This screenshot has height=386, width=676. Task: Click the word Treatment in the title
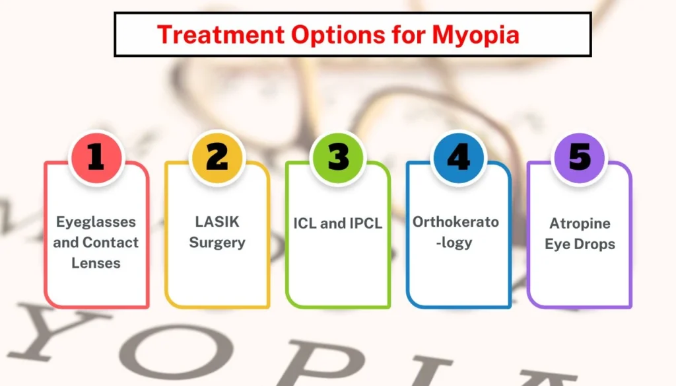pos(220,34)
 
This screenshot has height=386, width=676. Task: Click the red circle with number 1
pos(96,157)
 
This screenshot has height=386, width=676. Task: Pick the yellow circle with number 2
pos(217,157)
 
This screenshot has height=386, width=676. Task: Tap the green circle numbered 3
pos(338,157)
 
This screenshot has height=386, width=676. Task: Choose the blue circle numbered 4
pos(459,157)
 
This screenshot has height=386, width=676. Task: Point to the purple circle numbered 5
pos(580,157)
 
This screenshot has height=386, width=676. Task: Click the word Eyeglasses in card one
pos(96,223)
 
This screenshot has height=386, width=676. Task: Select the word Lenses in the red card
pos(96,263)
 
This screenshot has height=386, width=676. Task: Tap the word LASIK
pos(217,221)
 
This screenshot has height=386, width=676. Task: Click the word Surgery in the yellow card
pos(217,243)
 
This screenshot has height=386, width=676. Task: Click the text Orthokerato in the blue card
pos(456,222)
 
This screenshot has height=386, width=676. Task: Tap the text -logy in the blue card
pos(454,243)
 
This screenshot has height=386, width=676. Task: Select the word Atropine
pos(580,224)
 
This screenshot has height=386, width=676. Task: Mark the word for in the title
pos(409,34)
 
